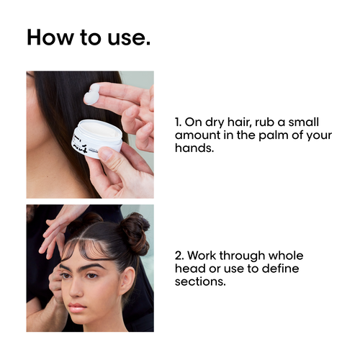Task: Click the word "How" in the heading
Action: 48,37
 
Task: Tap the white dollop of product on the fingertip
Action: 92,94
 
